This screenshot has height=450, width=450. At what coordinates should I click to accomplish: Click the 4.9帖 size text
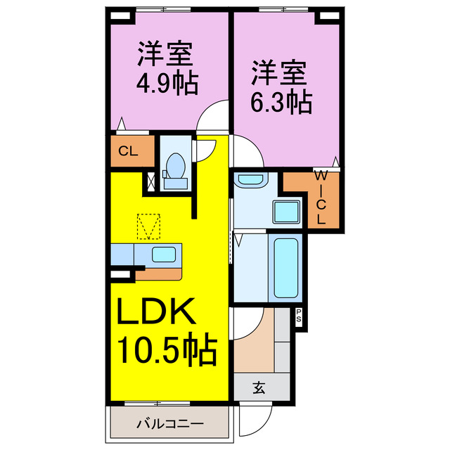pos(167,82)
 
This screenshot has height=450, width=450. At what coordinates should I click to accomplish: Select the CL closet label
pos(127,151)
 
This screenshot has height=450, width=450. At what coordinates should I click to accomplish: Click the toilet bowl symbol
pos(174,169)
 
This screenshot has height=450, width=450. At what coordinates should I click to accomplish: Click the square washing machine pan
pos(286,212)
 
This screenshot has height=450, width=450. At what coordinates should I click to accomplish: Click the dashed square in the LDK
pos(149,227)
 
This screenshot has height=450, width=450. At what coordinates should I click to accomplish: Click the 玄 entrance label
pos(258,386)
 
